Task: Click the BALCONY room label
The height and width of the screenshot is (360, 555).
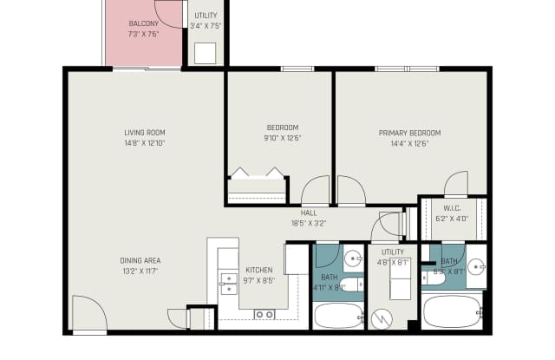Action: pos(143,23)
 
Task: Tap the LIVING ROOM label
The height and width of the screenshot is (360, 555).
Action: pos(144,133)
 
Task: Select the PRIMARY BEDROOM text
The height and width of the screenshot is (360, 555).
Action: pos(409,133)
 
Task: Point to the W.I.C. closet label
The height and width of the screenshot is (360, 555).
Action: pos(452,208)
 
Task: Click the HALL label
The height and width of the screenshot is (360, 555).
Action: pos(309,213)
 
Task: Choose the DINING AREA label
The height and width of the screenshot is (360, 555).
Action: pos(140,260)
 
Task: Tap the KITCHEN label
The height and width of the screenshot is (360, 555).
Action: pos(259,270)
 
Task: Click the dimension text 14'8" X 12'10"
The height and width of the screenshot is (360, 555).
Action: pos(144,143)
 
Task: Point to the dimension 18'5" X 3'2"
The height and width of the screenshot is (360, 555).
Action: pos(309,222)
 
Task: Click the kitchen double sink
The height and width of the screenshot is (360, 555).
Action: pos(228,284)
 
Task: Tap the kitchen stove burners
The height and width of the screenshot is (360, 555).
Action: pos(264,314)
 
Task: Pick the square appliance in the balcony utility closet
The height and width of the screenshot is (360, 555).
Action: pos(206,53)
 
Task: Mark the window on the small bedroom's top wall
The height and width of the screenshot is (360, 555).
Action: pos(297,69)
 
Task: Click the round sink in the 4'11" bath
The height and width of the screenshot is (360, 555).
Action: pos(352,259)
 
